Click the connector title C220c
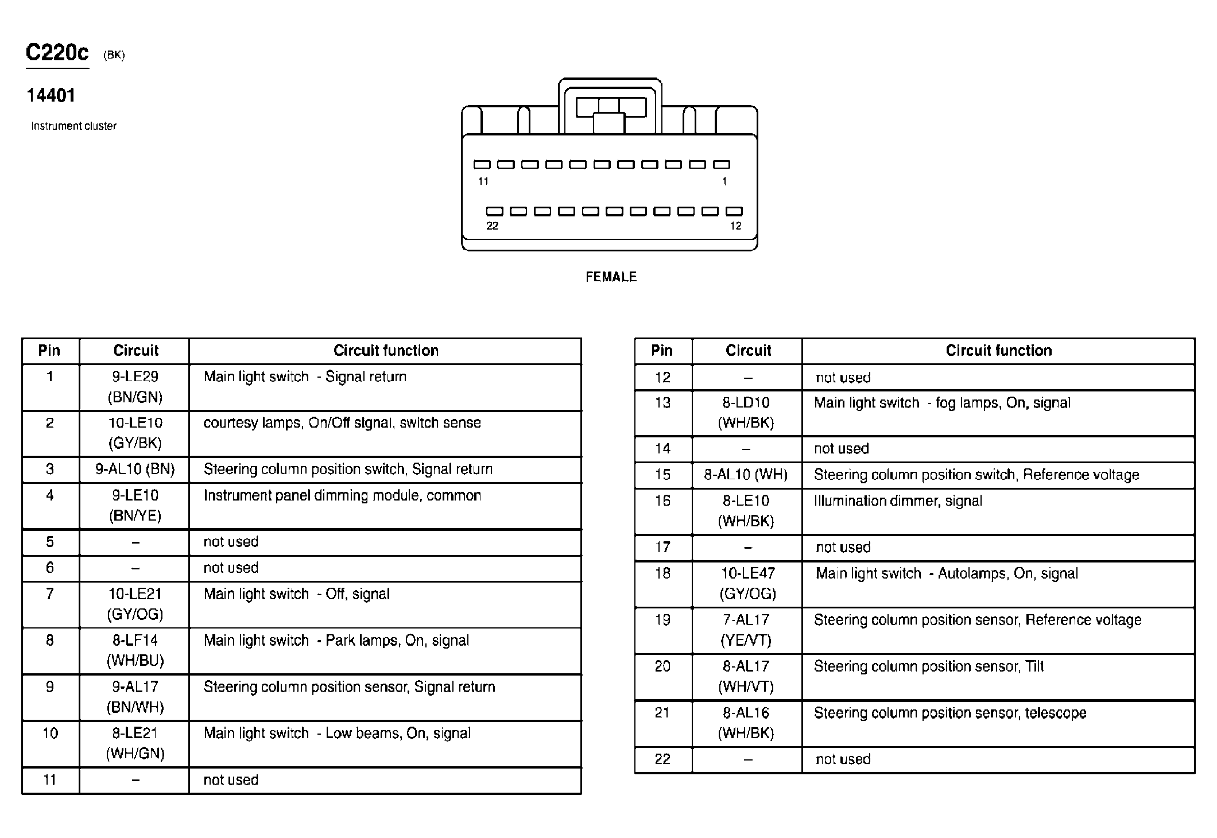57,53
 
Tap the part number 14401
51,95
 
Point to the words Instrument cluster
73,126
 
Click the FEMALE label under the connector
611,277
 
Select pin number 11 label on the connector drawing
483,181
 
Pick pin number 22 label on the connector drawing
492,226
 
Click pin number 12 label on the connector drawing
735,226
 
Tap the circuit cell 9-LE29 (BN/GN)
135,387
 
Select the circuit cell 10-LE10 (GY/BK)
135,433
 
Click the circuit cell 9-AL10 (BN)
135,470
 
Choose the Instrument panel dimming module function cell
342,496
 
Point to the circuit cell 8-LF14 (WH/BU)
135,650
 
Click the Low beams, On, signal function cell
337,734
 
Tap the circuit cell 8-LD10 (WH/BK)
746,413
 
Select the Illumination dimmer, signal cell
898,501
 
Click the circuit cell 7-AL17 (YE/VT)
746,630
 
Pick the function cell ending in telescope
950,713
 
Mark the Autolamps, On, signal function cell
947,573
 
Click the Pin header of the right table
662,351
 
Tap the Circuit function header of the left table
386,351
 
